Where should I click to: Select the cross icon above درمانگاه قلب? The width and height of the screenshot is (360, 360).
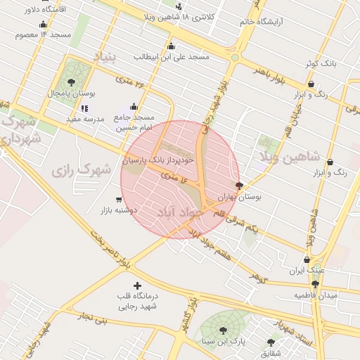[x=137, y=285]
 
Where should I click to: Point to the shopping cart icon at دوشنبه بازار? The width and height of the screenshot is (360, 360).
[x=117, y=199]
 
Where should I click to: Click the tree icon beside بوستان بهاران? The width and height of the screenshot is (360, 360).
[x=240, y=186]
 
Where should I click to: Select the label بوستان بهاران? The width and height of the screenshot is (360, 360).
[x=239, y=198]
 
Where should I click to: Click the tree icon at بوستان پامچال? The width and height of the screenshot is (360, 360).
[x=71, y=82]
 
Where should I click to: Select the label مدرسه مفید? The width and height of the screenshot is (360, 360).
[x=84, y=119]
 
